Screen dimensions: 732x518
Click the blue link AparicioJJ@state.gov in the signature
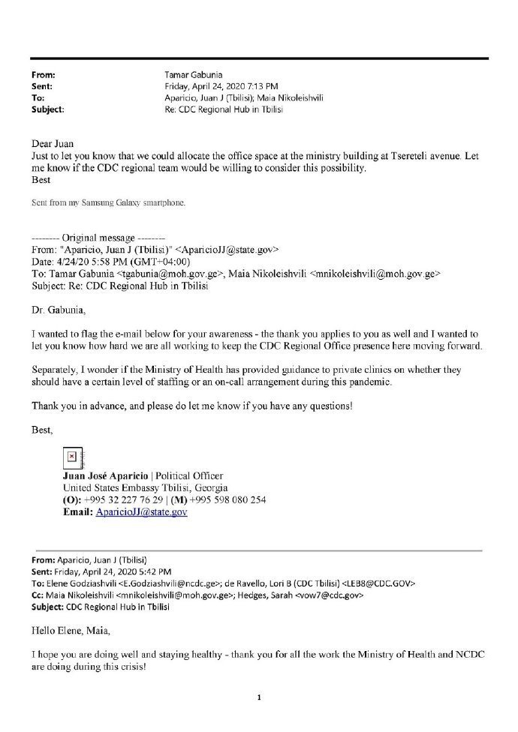pyautogui.click(x=142, y=512)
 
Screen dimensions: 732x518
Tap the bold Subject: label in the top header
pyautogui.click(x=48, y=109)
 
